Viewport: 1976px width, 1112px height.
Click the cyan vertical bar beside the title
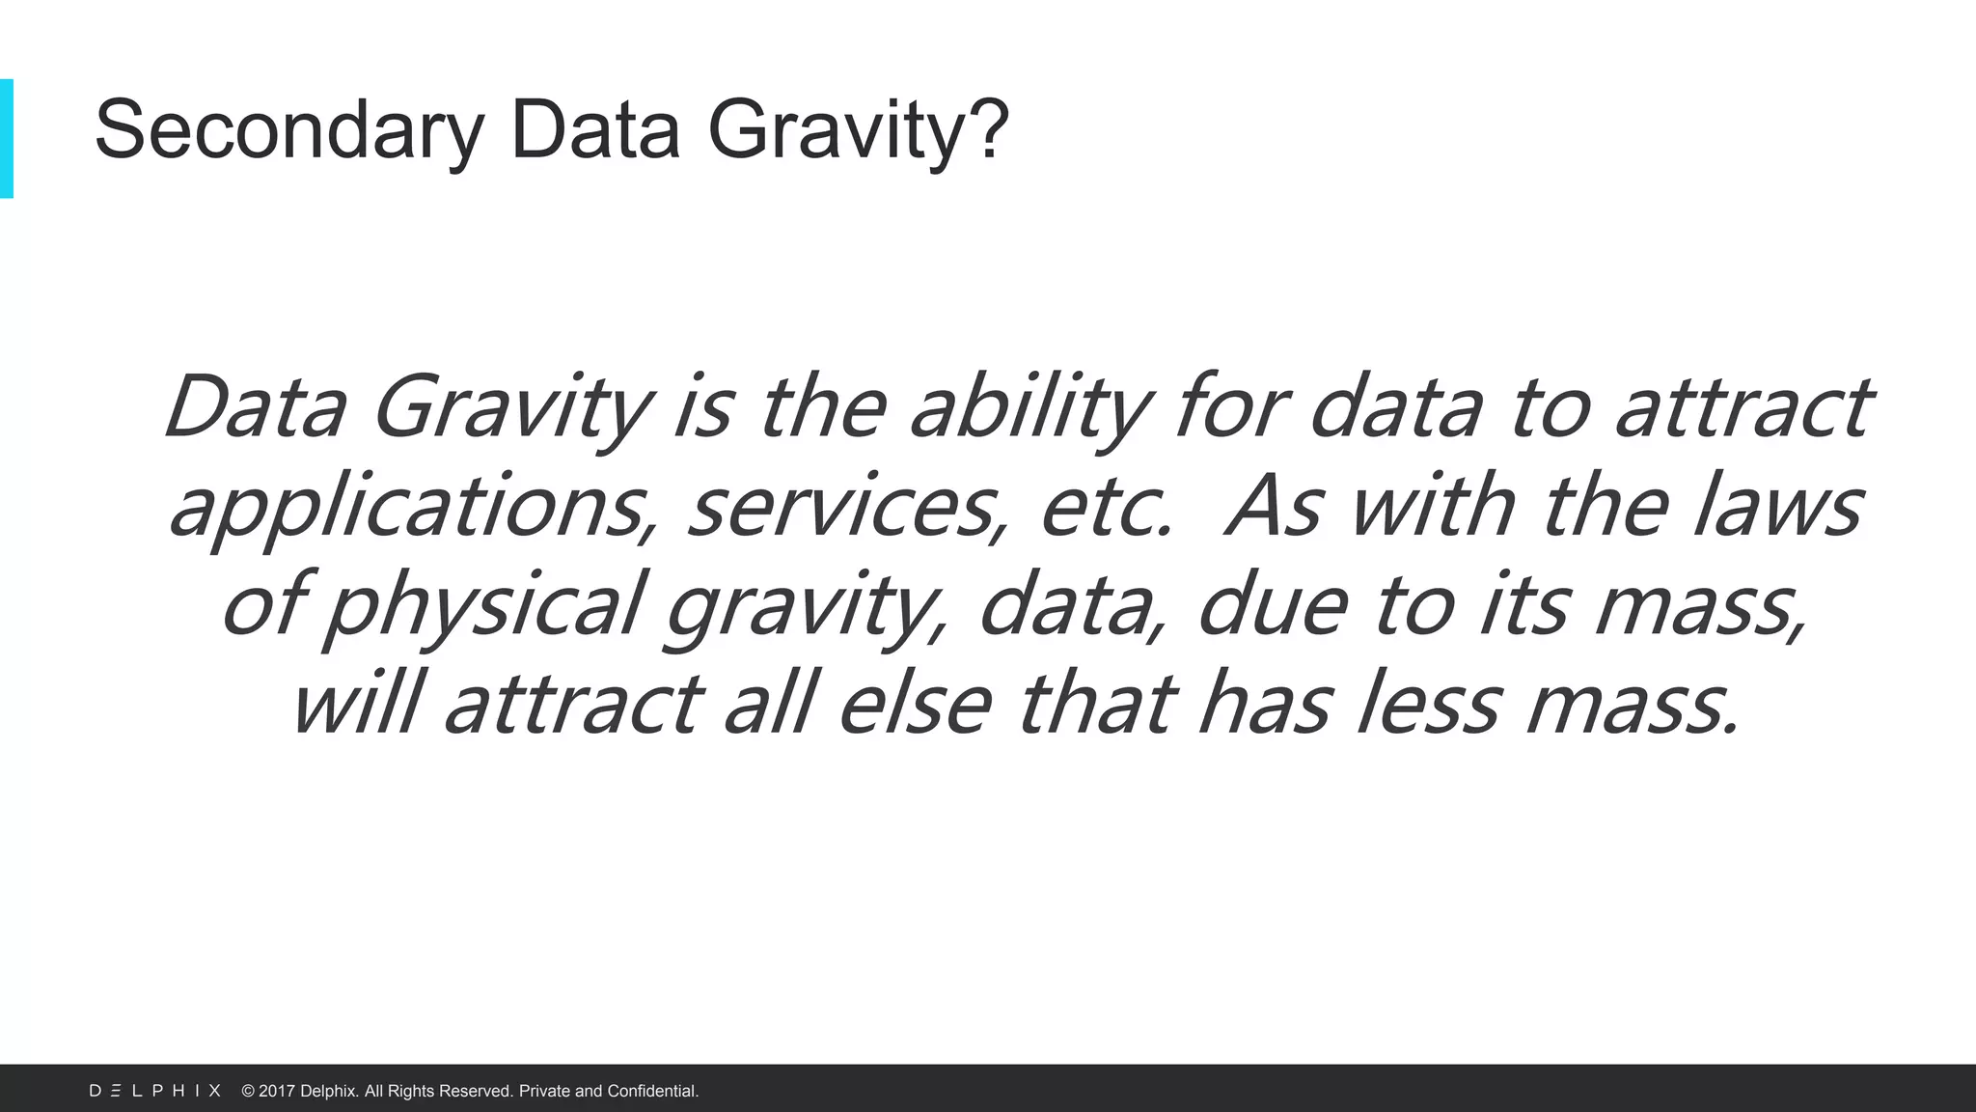[6, 138]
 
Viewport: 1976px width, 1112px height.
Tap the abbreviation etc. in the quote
[1106, 508]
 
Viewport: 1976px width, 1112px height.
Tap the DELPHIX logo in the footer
[155, 1091]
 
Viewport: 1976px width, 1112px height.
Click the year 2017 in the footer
[277, 1091]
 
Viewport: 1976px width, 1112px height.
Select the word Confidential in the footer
[652, 1091]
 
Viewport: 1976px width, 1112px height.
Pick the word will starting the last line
[357, 705]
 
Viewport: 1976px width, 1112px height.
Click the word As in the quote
[1274, 508]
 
